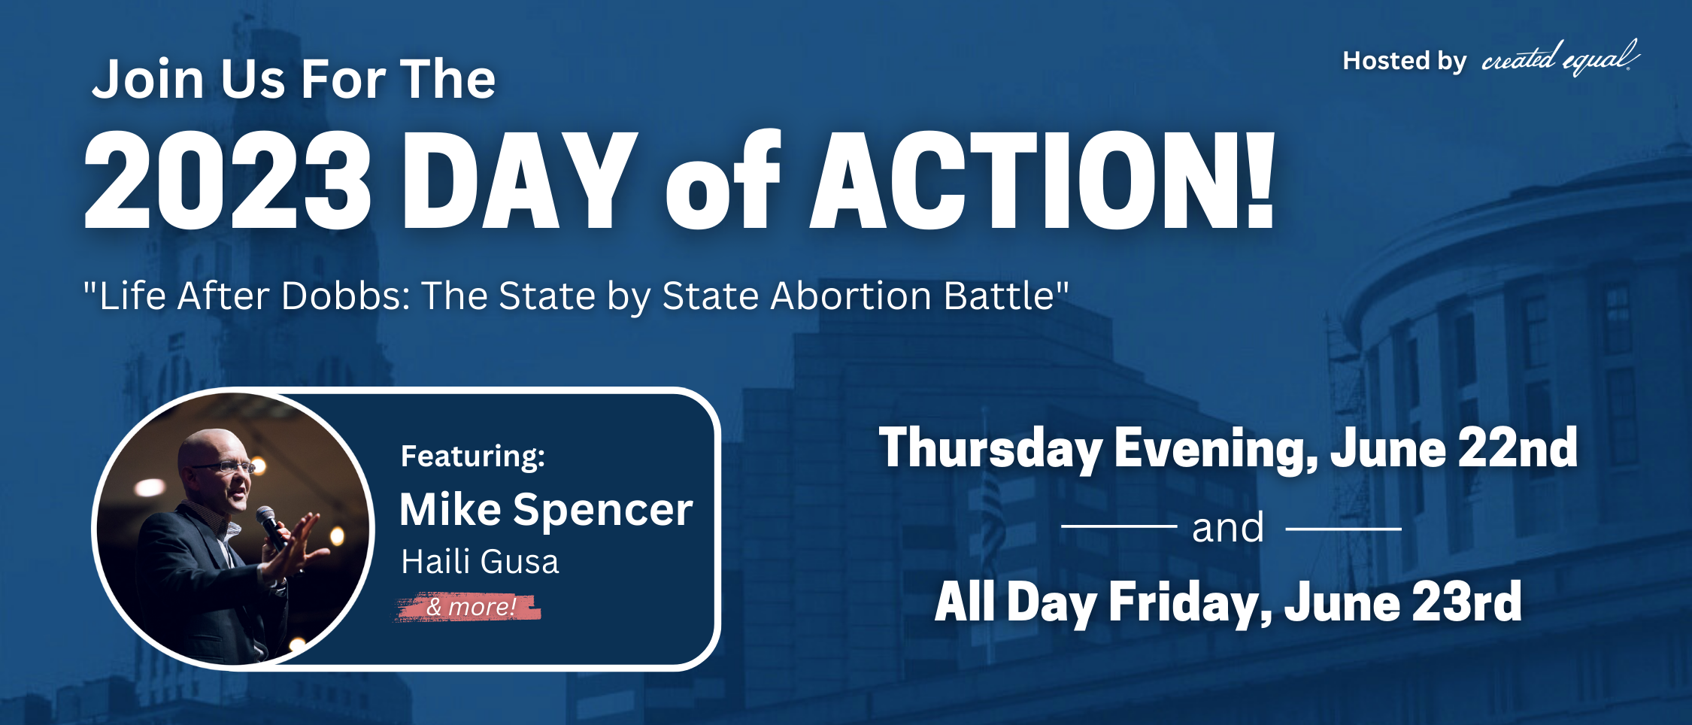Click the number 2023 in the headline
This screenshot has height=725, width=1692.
227,180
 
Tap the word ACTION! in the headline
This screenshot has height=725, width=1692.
1042,180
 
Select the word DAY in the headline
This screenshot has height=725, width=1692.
520,180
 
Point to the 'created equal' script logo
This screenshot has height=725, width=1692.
1560,59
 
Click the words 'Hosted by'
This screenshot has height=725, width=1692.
1404,61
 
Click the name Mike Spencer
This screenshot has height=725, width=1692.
546,511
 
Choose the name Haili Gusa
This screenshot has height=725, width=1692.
481,562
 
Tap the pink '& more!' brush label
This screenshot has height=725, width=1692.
468,607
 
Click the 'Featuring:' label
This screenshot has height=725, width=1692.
473,457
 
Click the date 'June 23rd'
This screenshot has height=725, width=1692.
1402,602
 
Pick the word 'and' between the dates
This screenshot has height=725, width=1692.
1228,528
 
